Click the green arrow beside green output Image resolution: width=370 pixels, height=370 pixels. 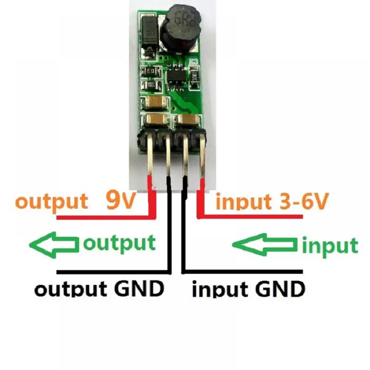click(x=55, y=244)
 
